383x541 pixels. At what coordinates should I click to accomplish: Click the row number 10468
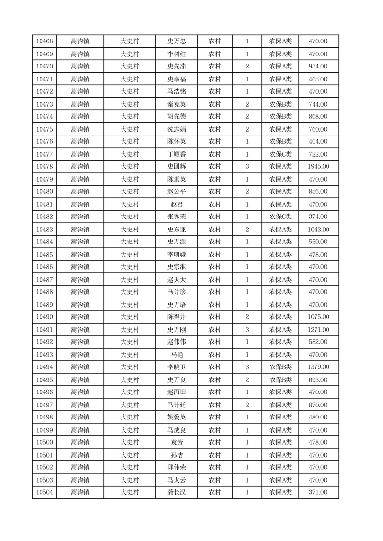pos(44,41)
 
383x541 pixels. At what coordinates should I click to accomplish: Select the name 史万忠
pos(176,41)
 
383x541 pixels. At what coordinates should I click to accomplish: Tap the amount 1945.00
pos(318,167)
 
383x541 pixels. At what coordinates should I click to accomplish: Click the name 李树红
pos(176,54)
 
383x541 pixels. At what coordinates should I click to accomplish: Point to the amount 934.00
pos(318,67)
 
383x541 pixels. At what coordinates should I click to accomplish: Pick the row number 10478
pos(44,167)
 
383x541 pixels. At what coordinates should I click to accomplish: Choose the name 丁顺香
pos(176,154)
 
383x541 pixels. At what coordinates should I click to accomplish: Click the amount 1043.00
pos(318,230)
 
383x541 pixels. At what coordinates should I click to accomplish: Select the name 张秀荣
pos(176,217)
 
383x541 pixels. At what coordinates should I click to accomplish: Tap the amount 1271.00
pos(318,330)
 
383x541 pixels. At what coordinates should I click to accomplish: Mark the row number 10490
pos(44,317)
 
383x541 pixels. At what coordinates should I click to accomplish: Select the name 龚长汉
pos(176,492)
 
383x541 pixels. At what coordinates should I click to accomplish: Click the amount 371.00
pos(318,492)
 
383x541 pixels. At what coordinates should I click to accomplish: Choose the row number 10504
pos(44,492)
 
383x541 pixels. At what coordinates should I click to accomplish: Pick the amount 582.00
pos(318,342)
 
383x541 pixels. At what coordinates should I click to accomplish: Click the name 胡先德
pos(176,117)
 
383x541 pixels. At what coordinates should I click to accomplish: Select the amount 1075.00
pos(318,317)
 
